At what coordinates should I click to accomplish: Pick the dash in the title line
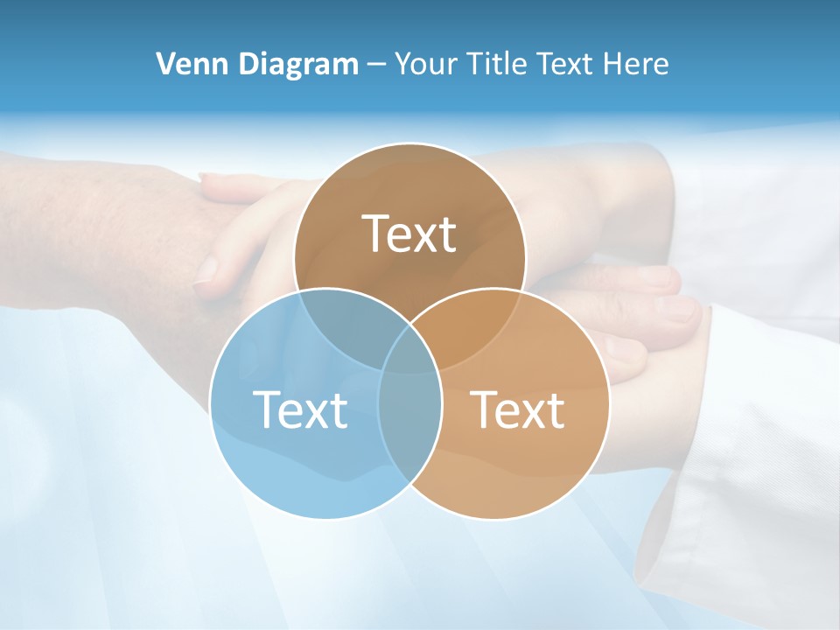coord(377,65)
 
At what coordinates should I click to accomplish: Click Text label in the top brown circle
coord(409,234)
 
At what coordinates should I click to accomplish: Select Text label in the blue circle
coord(300,409)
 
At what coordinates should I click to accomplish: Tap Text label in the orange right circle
coord(518,409)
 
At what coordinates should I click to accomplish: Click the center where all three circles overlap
coord(409,350)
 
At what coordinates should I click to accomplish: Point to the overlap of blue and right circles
coord(409,420)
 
